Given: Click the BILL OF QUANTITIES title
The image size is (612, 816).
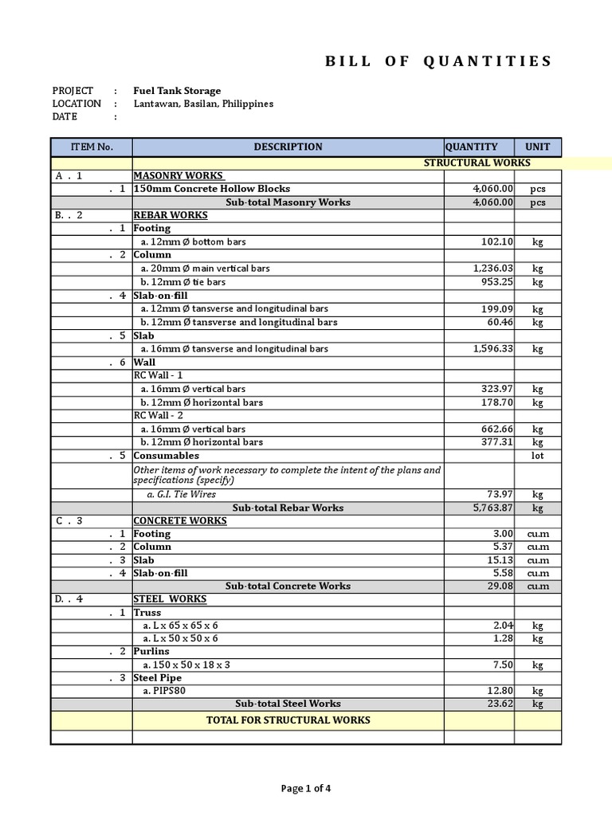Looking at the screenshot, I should pos(438,61).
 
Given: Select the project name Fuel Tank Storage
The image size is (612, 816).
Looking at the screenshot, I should pos(177,91).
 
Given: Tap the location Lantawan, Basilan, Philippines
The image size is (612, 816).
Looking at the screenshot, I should pos(203,104).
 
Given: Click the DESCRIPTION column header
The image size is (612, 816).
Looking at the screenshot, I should pos(288,147).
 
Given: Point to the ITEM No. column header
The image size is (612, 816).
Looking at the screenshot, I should pos(92,147).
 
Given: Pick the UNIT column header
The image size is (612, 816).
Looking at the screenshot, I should pos(537,147).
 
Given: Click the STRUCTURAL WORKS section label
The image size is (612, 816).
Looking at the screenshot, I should pos(477,163).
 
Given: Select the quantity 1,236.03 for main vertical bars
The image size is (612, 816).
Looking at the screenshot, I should pos(493,269).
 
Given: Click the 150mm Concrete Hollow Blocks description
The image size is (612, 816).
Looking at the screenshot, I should pos(212,189).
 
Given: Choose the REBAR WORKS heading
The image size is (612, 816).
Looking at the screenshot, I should pos(171,215).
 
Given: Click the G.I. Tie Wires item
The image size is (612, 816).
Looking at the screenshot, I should pos(181,494).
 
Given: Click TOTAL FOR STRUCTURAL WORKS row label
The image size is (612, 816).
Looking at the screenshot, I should pos(288,720).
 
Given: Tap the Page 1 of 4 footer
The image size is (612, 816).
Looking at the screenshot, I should pos(306,789).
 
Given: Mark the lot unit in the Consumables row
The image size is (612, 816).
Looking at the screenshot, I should pos(537,456).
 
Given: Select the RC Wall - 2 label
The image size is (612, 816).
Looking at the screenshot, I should pos(159,415).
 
